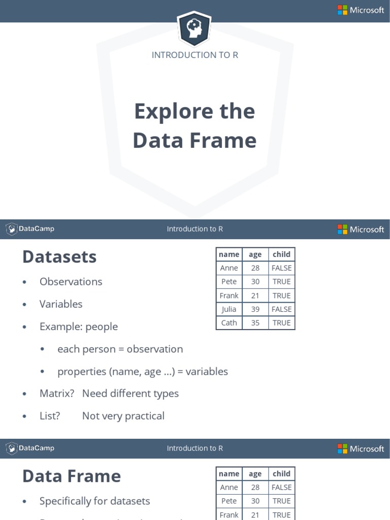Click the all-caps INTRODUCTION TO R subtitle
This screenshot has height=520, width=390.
[195, 55]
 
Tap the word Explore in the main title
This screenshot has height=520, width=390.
[173, 111]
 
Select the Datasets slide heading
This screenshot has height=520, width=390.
[59, 257]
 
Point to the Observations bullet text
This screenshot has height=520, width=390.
[71, 282]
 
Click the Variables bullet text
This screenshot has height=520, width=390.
[61, 304]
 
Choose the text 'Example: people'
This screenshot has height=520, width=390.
[79, 327]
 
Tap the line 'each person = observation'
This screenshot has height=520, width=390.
[120, 349]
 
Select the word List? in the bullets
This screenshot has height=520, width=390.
[50, 416]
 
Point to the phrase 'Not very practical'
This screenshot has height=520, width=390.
[123, 416]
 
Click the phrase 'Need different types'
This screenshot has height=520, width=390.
[131, 394]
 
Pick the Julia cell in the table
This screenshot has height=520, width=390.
[229, 309]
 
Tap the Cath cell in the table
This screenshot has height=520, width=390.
[229, 322]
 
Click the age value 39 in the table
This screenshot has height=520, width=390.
[255, 309]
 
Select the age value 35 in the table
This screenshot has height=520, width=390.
[255, 322]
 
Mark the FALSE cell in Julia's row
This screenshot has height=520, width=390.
[281, 309]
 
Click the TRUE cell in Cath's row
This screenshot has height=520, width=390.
[281, 322]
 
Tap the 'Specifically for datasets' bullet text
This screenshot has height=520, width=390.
[95, 501]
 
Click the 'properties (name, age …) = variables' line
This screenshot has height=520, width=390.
[143, 371]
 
